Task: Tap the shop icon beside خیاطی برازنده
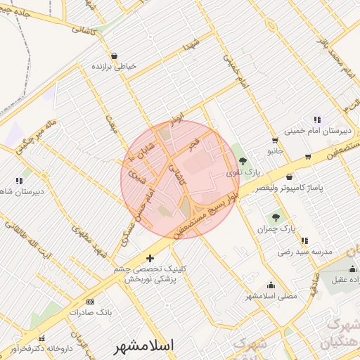pyautogui.click(x=115, y=56)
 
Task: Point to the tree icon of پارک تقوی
pyautogui.click(x=243, y=162)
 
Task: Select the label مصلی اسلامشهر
pyautogui.click(x=271, y=296)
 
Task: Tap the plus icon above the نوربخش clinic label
pyautogui.click(x=150, y=258)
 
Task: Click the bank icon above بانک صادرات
pyautogui.click(x=89, y=301)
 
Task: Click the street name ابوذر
pyautogui.click(x=176, y=115)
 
